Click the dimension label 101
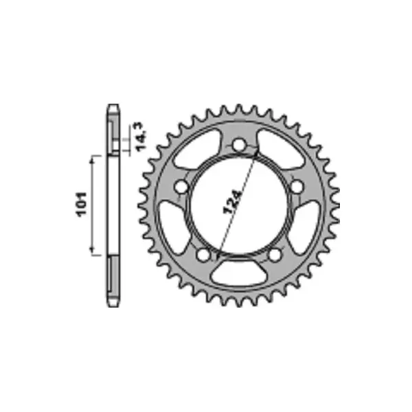click(x=82, y=205)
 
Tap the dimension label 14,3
click(x=141, y=137)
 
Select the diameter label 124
click(x=232, y=202)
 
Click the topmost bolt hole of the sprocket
click(x=239, y=144)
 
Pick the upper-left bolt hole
click(x=182, y=187)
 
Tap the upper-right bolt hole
click(x=297, y=186)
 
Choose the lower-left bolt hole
click(x=203, y=255)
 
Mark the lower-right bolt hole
click(x=275, y=255)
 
